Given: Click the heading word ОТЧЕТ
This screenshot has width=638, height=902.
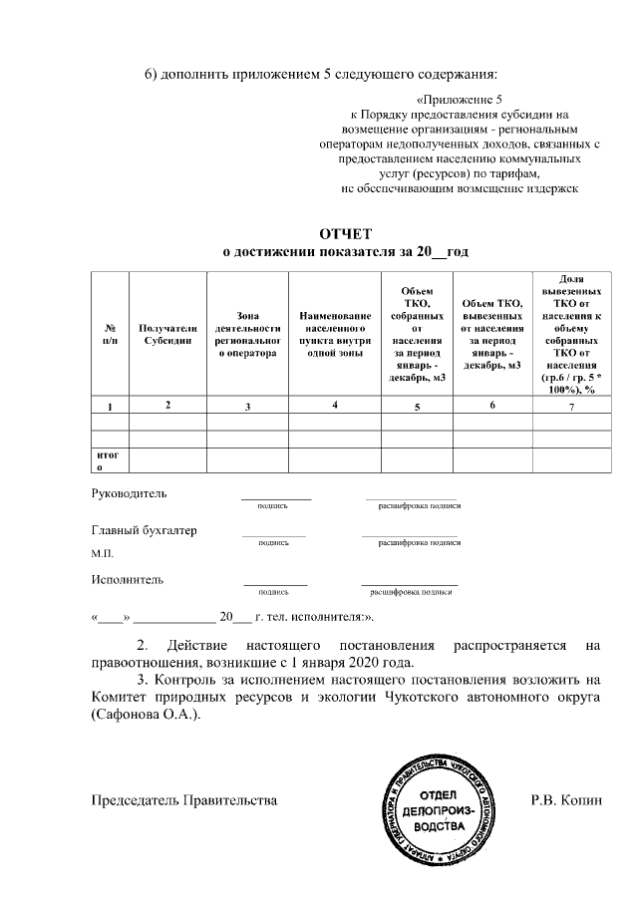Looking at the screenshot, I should point(345,233).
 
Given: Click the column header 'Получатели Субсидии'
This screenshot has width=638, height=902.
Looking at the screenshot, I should point(167,334).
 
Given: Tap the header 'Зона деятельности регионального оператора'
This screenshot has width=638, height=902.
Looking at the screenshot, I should point(246,334).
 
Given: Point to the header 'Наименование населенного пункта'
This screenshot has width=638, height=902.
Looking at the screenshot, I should point(334,334).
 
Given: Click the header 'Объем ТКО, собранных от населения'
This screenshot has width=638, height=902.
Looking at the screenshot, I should point(417,334).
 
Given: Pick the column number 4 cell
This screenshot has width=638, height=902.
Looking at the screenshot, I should point(335,405).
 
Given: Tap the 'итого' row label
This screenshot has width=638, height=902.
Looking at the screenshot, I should point(108,459).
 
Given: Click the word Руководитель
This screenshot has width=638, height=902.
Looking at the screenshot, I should point(130,493).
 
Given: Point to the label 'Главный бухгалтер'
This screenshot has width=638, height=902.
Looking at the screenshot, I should point(144,530).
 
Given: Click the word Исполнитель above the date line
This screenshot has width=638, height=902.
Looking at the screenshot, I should point(128,579).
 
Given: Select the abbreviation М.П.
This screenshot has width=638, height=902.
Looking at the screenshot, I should point(103,553).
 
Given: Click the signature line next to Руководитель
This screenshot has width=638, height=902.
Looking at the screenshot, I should point(275,496).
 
